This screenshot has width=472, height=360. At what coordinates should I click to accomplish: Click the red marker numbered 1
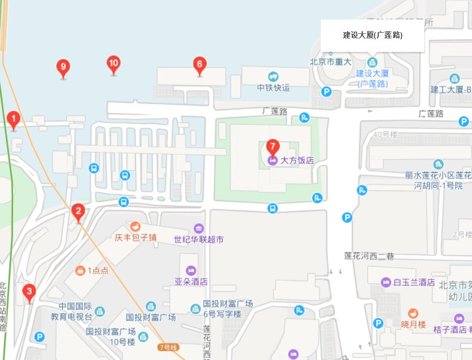click(x=14, y=119)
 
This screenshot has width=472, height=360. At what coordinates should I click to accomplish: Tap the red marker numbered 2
click(x=78, y=211)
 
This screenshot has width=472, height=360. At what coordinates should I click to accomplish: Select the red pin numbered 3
click(x=30, y=292)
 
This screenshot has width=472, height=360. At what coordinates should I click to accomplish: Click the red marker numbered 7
click(x=273, y=147)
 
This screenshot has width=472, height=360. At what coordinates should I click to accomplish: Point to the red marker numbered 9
click(x=63, y=67)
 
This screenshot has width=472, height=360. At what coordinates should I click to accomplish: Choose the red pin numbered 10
click(x=113, y=64)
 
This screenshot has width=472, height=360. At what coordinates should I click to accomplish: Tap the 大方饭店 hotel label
click(x=297, y=160)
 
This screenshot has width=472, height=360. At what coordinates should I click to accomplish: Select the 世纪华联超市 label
click(x=198, y=240)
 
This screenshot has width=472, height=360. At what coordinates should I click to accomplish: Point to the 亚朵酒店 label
click(x=191, y=282)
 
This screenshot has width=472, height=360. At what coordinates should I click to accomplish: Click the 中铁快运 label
click(x=273, y=88)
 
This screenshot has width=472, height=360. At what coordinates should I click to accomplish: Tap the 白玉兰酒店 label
click(x=413, y=282)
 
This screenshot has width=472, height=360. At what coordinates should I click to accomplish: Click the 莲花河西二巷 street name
click(x=369, y=256)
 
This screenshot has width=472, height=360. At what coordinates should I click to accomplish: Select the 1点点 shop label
click(x=97, y=270)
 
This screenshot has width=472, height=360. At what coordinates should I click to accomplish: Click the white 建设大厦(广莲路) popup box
click(x=373, y=35)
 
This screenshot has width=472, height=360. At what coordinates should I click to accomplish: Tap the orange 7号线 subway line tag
click(x=170, y=347)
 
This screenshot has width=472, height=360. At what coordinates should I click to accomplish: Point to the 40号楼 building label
click(x=384, y=135)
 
